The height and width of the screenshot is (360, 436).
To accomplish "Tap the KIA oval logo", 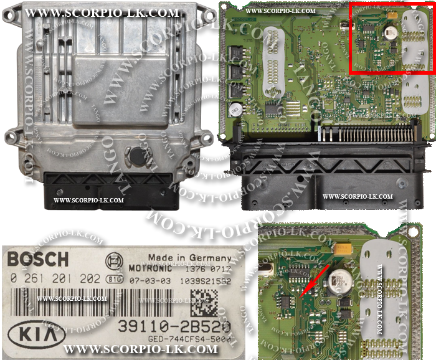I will click(x=38, y=334).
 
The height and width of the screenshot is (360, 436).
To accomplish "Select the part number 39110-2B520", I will click(x=177, y=326).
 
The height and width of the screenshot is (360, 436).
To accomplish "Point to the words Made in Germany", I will click(x=189, y=258).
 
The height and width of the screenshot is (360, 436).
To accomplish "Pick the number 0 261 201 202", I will click(x=55, y=278).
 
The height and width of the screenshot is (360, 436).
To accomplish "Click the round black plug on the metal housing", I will click(x=137, y=154).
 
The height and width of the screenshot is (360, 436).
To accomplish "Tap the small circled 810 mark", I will click(x=113, y=278).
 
